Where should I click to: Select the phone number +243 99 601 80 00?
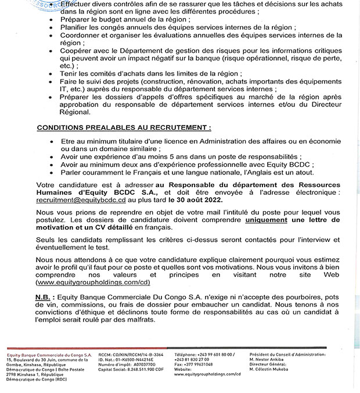point(211,353)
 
